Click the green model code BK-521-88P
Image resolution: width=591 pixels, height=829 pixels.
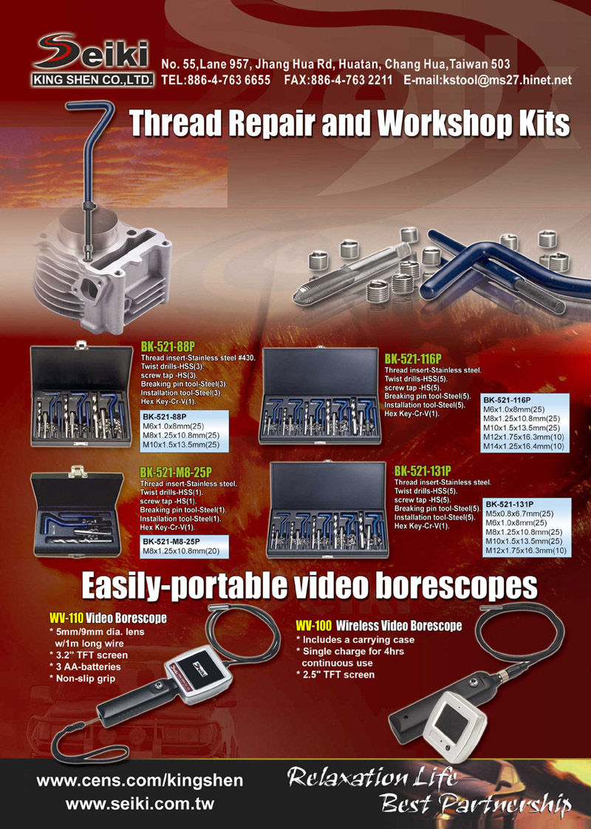(x=168, y=347)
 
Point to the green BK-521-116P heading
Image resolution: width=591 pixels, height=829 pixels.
(x=413, y=359)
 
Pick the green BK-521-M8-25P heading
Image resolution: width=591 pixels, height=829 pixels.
(x=176, y=472)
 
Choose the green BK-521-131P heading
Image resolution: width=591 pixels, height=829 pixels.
(x=423, y=471)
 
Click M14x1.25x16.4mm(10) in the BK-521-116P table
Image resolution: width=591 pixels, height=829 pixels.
(x=523, y=446)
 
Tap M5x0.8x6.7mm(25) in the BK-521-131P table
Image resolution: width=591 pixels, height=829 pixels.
(x=519, y=514)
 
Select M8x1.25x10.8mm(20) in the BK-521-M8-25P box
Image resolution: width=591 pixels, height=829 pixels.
(x=178, y=551)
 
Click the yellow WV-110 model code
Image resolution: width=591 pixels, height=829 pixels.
(x=66, y=618)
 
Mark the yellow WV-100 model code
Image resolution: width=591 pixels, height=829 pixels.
(x=313, y=626)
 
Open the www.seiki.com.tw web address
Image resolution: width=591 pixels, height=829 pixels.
(x=140, y=805)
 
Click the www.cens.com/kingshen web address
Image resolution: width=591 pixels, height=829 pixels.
(x=140, y=781)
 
